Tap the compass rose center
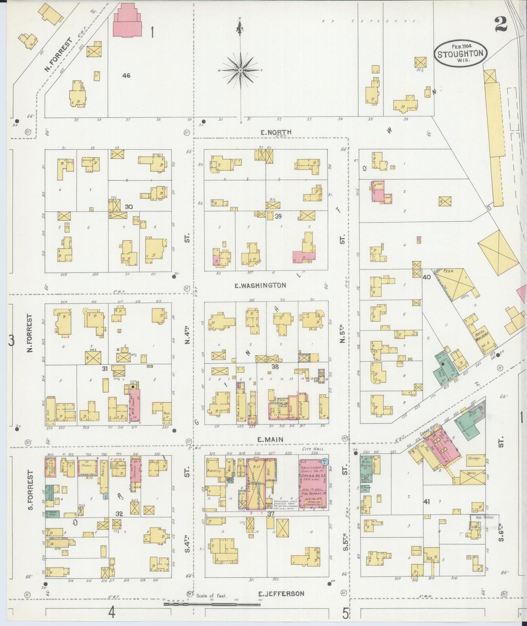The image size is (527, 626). pyautogui.click(x=241, y=70)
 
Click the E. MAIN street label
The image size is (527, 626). pyautogui.click(x=270, y=440)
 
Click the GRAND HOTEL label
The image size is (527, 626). pyautogui.click(x=430, y=437)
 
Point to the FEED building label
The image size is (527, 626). pyautogui.click(x=448, y=272)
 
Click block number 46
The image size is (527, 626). pyautogui.click(x=126, y=76)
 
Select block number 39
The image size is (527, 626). pyautogui.click(x=278, y=216)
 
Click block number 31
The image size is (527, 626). pyautogui.click(x=105, y=369)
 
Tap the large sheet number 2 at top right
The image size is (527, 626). pyautogui.click(x=502, y=25)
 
